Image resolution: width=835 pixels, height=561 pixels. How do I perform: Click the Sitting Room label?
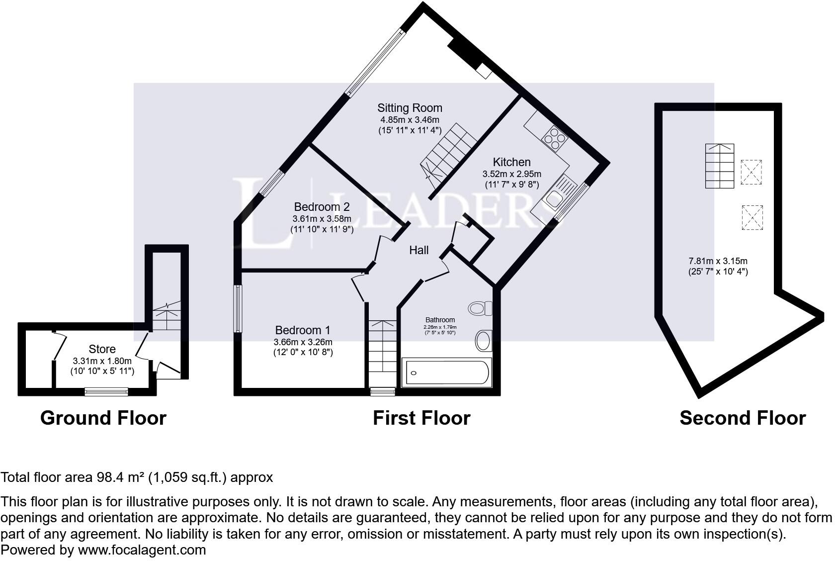410,108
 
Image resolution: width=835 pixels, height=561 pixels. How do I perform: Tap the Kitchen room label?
511,162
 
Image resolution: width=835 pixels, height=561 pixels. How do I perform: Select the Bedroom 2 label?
322,207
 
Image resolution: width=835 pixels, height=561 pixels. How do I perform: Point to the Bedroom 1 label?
303,330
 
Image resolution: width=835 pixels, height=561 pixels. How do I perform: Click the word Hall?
418,250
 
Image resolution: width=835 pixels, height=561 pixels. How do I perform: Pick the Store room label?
102,349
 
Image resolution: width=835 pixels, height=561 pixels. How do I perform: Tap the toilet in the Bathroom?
479,309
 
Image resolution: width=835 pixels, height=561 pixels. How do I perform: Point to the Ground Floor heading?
103,418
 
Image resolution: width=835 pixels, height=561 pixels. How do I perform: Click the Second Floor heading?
743,418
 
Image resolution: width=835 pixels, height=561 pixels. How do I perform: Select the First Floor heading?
421,418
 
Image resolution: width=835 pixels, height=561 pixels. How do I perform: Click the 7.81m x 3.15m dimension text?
718,261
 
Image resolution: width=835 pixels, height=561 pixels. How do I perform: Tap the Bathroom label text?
440,320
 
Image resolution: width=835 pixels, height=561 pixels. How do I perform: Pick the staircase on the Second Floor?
719,166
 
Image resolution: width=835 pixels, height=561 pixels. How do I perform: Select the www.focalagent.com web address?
142,550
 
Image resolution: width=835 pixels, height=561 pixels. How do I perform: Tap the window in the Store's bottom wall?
106,392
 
